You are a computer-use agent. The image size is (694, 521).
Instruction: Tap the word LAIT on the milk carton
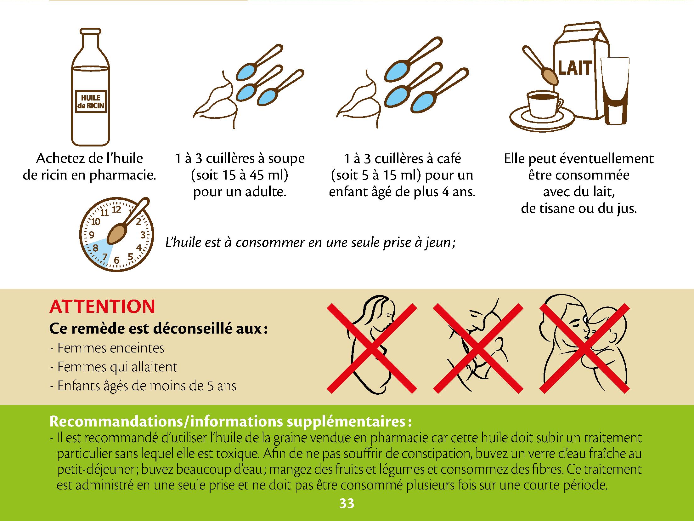point(575,68)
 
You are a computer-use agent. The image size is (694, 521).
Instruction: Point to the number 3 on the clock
point(143,235)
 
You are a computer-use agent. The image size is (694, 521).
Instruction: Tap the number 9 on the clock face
point(92,235)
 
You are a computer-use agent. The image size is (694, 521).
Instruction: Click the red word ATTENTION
point(102,306)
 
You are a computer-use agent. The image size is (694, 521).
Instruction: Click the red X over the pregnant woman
point(372,348)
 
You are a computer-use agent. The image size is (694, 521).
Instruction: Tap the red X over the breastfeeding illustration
point(478,348)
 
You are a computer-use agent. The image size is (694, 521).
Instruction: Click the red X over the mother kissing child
point(585,348)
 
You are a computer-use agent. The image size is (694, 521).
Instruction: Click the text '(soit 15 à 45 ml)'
point(240,175)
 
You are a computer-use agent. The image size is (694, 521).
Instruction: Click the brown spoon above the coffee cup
point(539,66)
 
